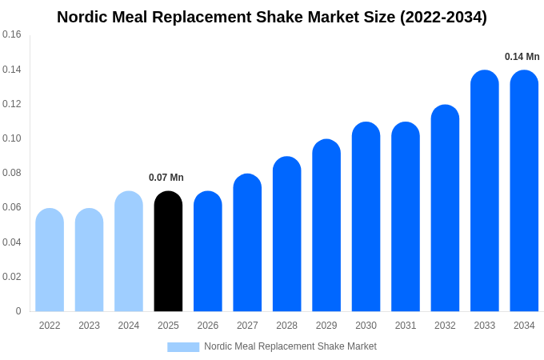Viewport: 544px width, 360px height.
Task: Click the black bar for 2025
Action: coord(168,251)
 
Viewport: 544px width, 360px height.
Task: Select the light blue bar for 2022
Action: coord(50,260)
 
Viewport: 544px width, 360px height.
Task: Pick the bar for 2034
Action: coord(524,191)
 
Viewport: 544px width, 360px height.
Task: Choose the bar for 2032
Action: coord(445,208)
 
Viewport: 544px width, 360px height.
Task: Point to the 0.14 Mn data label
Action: coord(522,57)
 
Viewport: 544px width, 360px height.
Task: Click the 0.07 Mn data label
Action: coord(166,178)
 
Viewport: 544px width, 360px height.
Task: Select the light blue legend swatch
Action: coord(183,346)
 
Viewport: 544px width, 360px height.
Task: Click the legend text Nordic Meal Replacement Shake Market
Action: coord(290,346)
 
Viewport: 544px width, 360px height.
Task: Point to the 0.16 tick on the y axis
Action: coord(12,34)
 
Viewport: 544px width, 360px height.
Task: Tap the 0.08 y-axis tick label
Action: coord(12,173)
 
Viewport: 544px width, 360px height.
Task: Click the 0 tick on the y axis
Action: coord(18,311)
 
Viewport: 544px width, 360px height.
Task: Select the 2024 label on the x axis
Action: coord(129,326)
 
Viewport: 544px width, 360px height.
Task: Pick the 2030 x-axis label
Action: coord(366,326)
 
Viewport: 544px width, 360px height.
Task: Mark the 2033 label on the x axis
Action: coord(484,326)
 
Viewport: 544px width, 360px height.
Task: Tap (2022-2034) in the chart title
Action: coord(443,17)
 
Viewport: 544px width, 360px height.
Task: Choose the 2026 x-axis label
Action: coord(208,326)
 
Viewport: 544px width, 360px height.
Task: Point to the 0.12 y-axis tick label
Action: coord(12,104)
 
